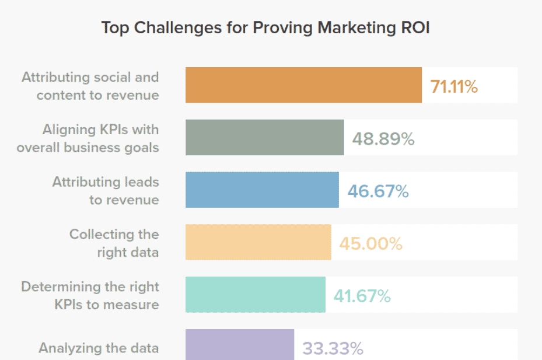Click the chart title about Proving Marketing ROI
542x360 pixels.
pyautogui.click(x=265, y=28)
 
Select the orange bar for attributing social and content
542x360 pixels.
pyautogui.click(x=303, y=85)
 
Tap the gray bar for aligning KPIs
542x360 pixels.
pyautogui.click(x=264, y=138)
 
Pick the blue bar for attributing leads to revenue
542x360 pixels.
pyautogui.click(x=262, y=190)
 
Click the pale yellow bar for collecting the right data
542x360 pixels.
pyautogui.click(x=258, y=243)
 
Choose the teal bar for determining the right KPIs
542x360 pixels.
pyautogui.click(x=255, y=295)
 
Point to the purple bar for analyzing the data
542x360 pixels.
pyautogui.click(x=239, y=345)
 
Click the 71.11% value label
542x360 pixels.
pyautogui.click(x=454, y=86)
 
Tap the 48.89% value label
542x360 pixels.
pyautogui.click(x=383, y=139)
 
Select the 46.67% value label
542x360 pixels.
pyautogui.click(x=378, y=191)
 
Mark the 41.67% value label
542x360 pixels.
pyautogui.click(x=362, y=296)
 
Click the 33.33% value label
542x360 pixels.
pyautogui.click(x=333, y=349)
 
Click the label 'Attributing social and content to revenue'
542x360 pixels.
pyautogui.click(x=91, y=86)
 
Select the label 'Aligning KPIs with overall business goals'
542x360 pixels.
pyautogui.click(x=88, y=138)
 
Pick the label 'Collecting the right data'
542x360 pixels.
pyautogui.click(x=114, y=243)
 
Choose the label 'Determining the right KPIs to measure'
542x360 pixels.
pyautogui.click(x=90, y=295)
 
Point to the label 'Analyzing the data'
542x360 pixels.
pyautogui.click(x=99, y=348)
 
